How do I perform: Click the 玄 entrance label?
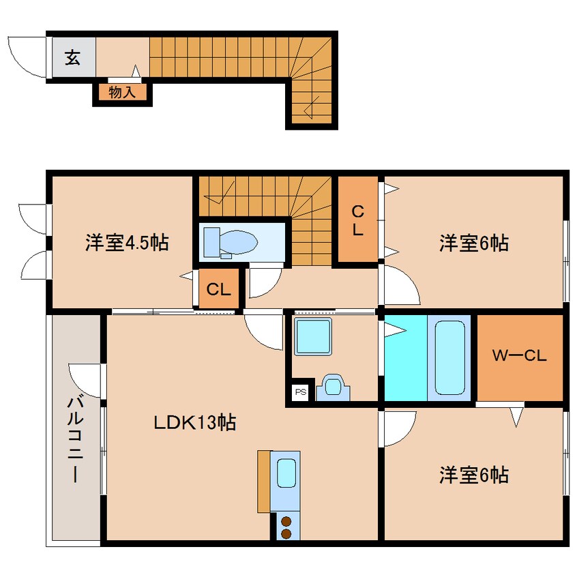(72, 57)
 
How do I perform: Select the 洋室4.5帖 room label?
(127, 243)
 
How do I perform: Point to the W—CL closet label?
(520, 355)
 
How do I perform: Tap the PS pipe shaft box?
(300, 391)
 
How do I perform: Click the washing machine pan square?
(313, 336)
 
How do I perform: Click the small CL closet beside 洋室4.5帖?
(219, 290)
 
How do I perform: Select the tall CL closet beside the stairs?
(357, 220)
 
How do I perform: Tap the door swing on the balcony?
(86, 382)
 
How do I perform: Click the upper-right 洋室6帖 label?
(473, 243)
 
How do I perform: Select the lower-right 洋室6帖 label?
(473, 475)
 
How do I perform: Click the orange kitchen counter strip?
(263, 481)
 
